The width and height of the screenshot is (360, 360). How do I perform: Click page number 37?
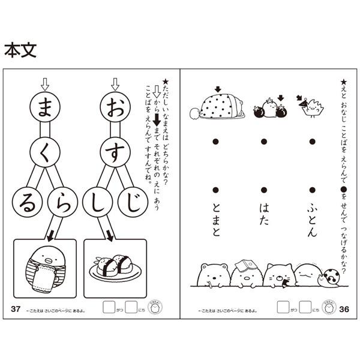[x=16, y=308]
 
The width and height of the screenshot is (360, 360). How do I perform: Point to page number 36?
[x=343, y=308]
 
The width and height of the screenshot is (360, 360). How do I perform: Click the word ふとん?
[x=311, y=219]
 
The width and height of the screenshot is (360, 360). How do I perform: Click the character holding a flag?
[x=311, y=107]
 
